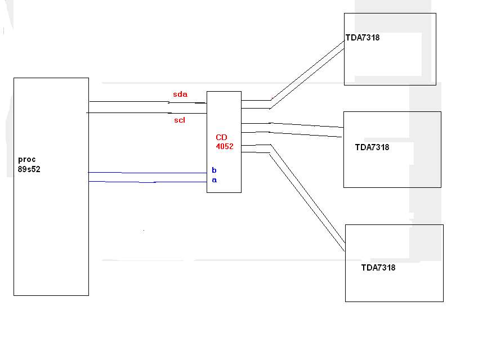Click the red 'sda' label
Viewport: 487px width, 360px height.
coord(180,94)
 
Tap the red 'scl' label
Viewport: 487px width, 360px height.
coord(180,120)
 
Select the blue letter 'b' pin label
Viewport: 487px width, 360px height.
coord(214,170)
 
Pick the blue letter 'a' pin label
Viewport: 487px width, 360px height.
coord(215,180)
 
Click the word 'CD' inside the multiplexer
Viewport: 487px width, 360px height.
coord(221,137)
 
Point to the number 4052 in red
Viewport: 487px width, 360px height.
coord(225,146)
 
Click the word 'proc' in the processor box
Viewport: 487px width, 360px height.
coord(26,160)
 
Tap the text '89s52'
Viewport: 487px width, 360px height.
coord(29,169)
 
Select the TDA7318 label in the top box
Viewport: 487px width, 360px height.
coord(363,38)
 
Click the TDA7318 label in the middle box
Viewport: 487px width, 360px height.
coord(372,147)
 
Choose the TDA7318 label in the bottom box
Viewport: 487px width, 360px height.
coord(378,268)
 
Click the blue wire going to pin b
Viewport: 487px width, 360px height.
coord(148,173)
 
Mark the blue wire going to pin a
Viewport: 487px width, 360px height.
coord(148,182)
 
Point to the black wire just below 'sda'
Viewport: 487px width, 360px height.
coord(148,102)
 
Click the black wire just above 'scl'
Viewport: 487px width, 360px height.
coord(146,113)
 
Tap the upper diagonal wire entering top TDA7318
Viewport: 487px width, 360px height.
coord(307,70)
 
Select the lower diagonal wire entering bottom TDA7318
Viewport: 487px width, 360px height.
coord(307,202)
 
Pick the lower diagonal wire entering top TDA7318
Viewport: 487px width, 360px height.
coord(307,79)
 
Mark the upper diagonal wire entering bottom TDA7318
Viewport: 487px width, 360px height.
coord(308,193)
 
